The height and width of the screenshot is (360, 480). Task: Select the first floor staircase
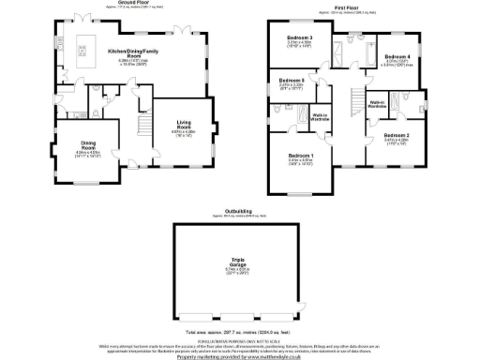tap(357, 101)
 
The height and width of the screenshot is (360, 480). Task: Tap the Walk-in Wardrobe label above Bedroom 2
tap(379, 105)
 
